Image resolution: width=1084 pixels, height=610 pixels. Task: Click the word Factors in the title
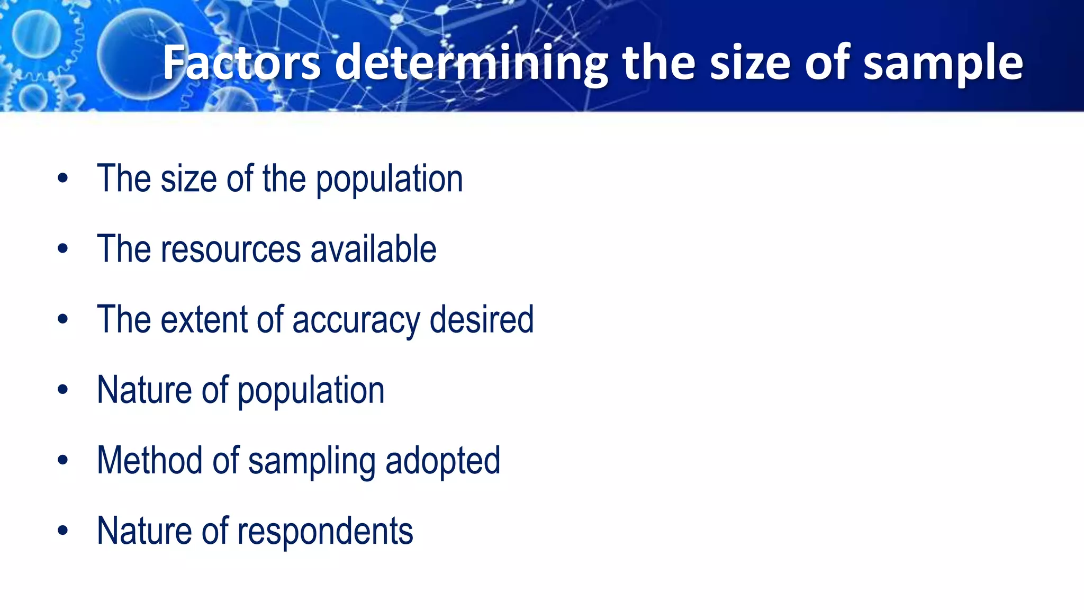241,64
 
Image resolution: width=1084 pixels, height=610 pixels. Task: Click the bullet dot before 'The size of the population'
63,178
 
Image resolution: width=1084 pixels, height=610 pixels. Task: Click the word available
373,249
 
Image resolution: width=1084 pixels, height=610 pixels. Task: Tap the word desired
481,319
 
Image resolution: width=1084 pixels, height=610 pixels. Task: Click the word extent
204,319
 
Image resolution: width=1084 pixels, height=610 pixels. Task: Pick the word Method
150,460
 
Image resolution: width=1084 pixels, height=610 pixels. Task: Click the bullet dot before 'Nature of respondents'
63,531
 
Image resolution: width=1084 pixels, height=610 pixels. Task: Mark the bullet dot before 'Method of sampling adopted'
63,460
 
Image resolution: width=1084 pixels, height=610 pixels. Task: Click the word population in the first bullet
389,180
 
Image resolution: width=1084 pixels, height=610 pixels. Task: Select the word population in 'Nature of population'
311,391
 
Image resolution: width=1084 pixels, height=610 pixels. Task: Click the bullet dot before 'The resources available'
63,249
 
